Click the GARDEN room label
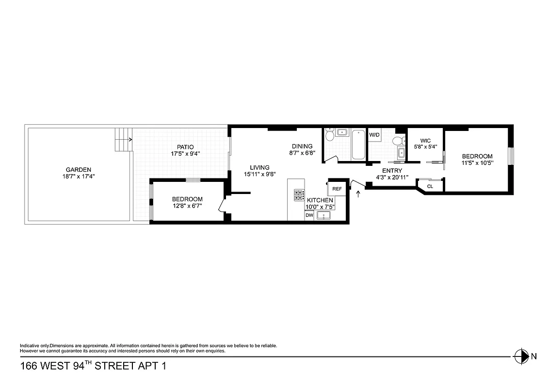pos(79,169)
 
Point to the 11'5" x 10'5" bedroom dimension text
pos(477,163)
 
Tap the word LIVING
pos(259,167)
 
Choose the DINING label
pos(302,146)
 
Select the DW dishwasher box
pos(309,216)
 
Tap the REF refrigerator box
pos(337,189)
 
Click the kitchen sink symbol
pos(324,215)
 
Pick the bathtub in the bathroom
pos(358,144)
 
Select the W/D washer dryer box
pos(374,135)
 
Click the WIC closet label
pos(425,141)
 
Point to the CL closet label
pos(430,186)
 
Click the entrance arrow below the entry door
pos(358,194)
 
